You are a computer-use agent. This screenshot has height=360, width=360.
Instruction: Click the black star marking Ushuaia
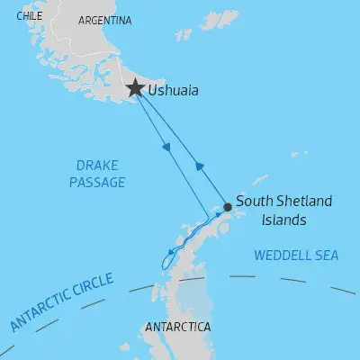[135, 88]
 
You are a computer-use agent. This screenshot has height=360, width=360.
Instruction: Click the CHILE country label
[29, 15]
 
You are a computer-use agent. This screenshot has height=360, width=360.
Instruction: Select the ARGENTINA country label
[105, 20]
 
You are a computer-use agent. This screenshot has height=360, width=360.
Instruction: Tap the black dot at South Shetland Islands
[228, 207]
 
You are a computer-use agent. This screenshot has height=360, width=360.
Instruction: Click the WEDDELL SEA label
[296, 256]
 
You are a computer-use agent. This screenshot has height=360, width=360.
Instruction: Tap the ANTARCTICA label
[177, 325]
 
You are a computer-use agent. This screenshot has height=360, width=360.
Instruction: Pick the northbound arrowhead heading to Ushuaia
[198, 166]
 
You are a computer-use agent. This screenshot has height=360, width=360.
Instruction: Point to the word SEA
[326, 256]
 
